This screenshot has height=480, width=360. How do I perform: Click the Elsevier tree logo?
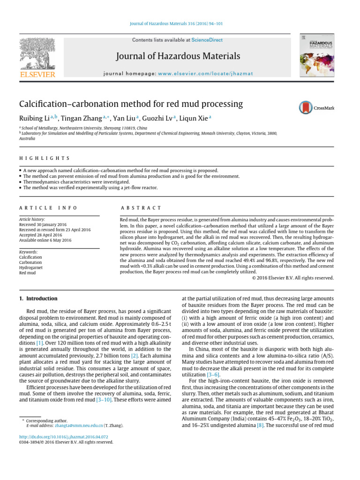(37, 54)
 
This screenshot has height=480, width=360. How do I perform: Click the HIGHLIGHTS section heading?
(44, 158)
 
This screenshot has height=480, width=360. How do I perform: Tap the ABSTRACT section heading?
(141, 208)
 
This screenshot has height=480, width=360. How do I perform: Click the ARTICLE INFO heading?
(48, 208)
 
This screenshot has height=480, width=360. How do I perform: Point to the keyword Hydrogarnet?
(30, 268)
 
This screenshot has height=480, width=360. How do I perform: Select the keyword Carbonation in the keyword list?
(30, 262)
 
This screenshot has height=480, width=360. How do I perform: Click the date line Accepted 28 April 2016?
(42, 235)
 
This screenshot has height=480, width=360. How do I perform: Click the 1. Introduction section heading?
(38, 299)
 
